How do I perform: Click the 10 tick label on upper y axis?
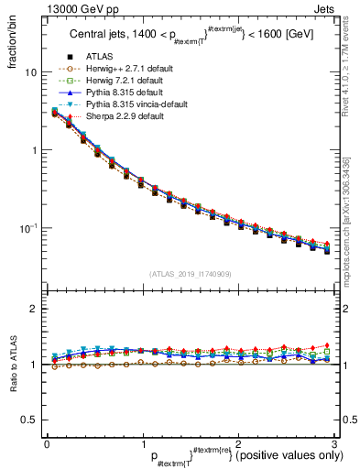pos(30,72)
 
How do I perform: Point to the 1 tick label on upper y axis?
pos(34,150)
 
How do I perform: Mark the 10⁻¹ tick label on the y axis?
pos(27,227)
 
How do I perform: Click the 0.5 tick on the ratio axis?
pos(28,420)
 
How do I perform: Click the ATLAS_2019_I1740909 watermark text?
pos(189,274)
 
